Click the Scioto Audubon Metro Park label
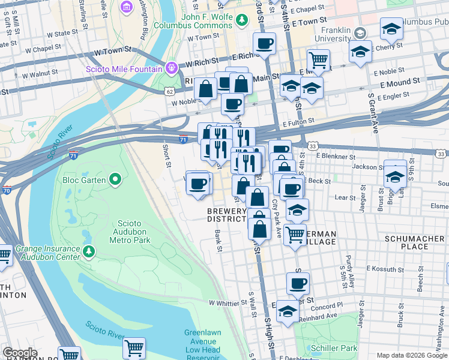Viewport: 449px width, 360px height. click(x=130, y=230)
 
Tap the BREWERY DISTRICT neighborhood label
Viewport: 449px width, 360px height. click(x=227, y=215)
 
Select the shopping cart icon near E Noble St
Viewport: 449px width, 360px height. click(x=318, y=59)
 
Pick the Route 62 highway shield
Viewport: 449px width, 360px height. click(x=170, y=91)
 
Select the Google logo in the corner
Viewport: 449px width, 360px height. click(x=20, y=353)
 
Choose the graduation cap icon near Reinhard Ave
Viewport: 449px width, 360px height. click(x=288, y=312)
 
